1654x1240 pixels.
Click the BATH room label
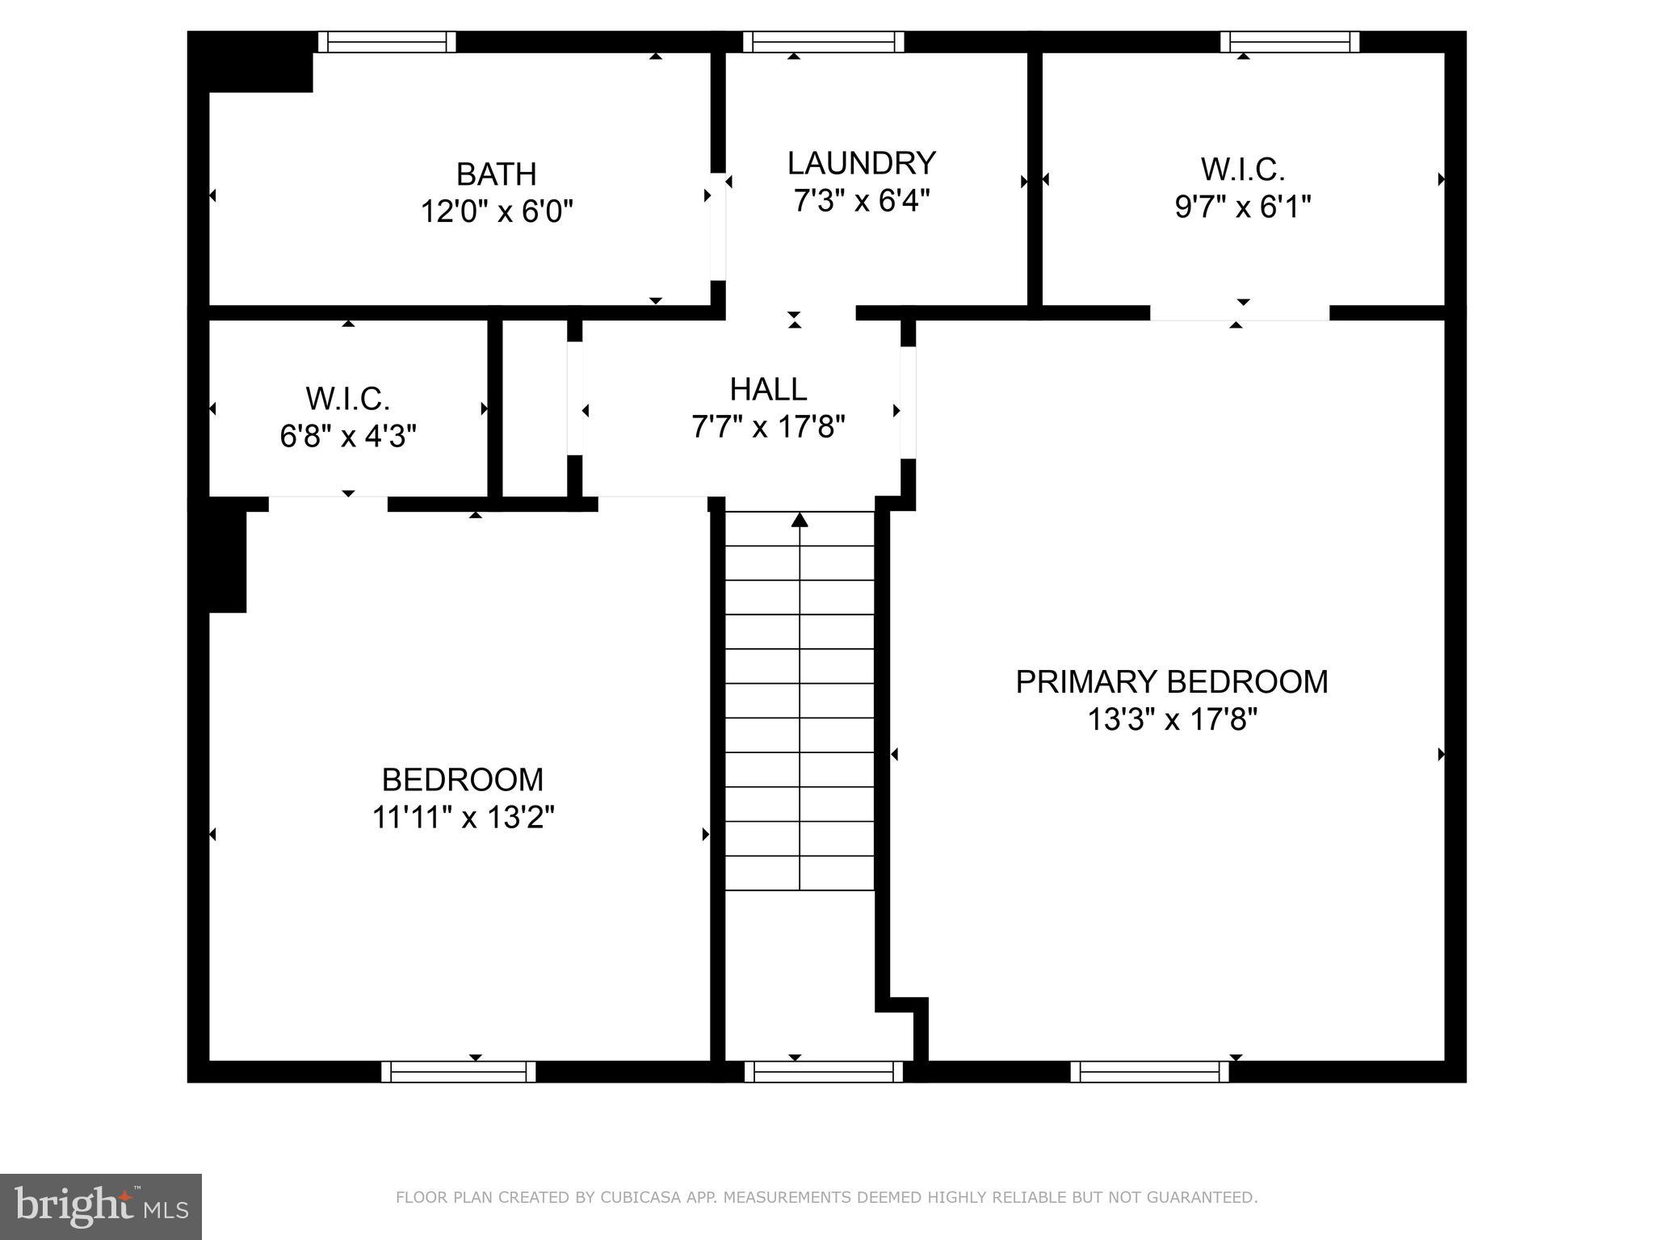point(496,174)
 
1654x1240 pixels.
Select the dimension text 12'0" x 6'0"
point(496,212)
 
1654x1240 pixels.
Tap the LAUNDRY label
point(861,163)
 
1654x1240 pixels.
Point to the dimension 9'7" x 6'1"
point(1242,207)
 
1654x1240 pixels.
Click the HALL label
point(768,389)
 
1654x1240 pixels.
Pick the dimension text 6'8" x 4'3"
point(348,437)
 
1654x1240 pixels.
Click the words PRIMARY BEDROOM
point(1171,682)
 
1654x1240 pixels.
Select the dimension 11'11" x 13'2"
point(463,818)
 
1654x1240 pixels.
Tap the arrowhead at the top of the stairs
point(800,519)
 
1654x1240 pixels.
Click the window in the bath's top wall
point(386,42)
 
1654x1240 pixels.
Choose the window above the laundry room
point(823,42)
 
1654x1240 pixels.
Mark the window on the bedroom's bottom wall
point(458,1071)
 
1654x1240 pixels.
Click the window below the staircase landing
point(823,1071)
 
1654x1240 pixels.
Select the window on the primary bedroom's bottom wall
point(1149,1071)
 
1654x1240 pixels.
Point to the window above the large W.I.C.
point(1290,42)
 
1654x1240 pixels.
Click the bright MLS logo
point(100,1206)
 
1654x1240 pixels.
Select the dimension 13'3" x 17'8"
point(1172,719)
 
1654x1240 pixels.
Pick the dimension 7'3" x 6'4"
point(861,200)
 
